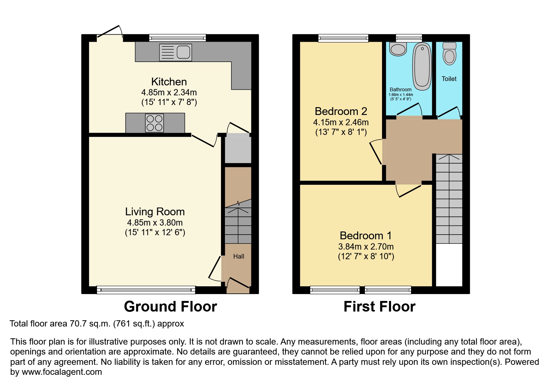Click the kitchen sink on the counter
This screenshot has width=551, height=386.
click(175, 52)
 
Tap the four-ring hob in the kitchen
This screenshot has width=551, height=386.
click(155, 123)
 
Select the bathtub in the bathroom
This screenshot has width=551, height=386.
click(422, 66)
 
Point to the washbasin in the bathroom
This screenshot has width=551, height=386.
click(398, 49)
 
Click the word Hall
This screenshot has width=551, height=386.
click(239, 256)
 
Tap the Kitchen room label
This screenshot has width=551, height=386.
click(169, 82)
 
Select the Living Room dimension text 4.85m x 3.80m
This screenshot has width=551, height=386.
click(155, 222)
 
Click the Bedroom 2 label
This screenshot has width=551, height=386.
click(341, 111)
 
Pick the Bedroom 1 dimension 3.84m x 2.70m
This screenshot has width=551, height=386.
click(366, 246)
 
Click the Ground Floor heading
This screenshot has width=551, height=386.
click(170, 307)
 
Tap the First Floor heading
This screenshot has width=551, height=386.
click(379, 307)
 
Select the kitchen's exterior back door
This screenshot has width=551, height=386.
click(109, 32)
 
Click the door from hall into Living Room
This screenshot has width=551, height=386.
click(215, 269)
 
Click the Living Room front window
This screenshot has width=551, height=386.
click(146, 290)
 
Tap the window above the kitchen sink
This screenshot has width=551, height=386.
click(177, 38)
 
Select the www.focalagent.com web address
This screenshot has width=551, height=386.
click(62, 372)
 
